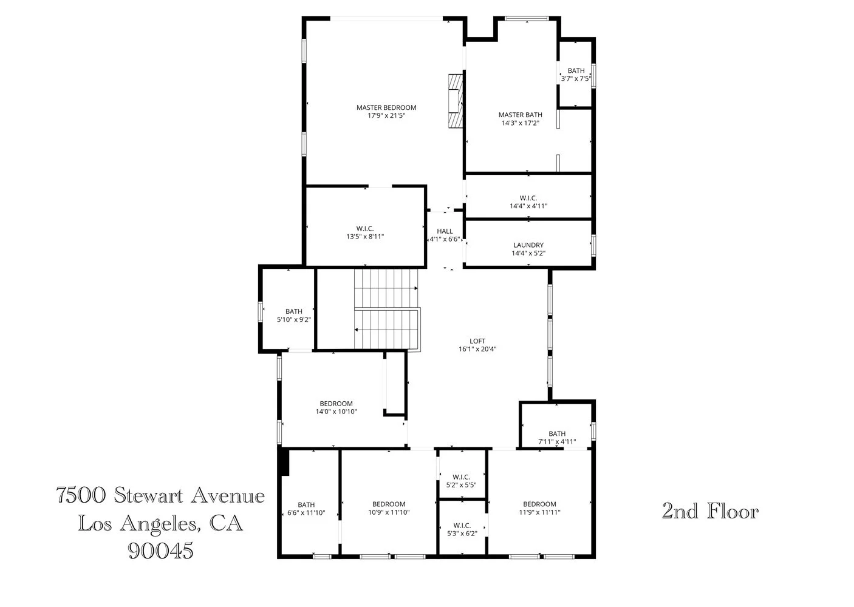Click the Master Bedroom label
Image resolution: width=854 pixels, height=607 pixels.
coord(386,107)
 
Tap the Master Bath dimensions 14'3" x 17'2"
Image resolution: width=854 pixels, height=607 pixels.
coord(520,123)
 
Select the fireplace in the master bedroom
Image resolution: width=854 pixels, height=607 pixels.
coord(455,101)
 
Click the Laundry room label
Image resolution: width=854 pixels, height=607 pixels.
coord(528,245)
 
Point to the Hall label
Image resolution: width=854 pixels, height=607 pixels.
coord(445,231)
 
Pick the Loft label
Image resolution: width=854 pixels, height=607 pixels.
coord(477,341)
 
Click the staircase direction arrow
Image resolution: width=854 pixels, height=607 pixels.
coord(357,330)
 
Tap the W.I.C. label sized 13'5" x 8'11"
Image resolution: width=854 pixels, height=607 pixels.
coord(364,228)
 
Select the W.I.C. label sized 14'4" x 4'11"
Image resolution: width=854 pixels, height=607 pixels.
coord(528,198)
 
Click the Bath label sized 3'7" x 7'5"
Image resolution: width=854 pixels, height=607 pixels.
coord(576,71)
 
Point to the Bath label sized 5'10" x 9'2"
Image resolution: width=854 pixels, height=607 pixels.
coord(293,311)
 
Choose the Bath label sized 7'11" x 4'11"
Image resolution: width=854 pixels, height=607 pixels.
coord(556,433)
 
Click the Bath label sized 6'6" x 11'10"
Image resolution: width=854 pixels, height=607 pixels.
coord(306,504)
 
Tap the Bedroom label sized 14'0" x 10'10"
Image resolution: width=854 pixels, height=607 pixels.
coord(336,404)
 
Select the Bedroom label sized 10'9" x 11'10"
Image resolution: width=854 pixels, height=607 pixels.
coord(389,504)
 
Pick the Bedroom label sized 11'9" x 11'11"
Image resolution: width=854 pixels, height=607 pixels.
coord(539,504)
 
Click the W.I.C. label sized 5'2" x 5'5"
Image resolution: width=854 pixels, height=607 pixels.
coord(462,476)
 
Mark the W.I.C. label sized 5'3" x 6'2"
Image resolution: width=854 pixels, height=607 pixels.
coord(462,525)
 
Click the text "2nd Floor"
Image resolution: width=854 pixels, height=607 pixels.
coord(710,512)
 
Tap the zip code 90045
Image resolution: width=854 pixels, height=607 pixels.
coord(160,551)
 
